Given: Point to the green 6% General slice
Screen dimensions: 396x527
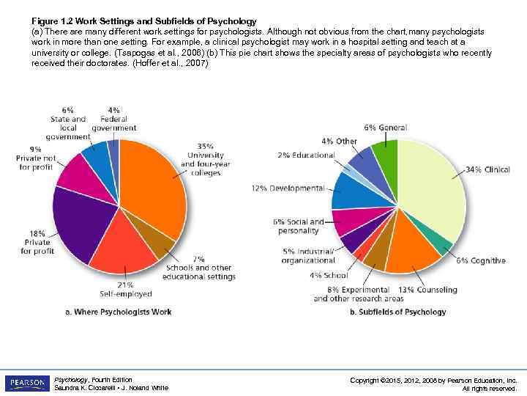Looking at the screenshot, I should (x=386, y=153).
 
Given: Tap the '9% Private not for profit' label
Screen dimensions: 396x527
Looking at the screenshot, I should (x=36, y=158).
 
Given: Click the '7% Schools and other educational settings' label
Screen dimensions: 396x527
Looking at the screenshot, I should (x=199, y=268).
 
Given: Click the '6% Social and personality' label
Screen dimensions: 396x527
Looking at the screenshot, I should (x=298, y=226).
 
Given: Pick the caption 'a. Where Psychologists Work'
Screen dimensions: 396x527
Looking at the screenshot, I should (x=119, y=312).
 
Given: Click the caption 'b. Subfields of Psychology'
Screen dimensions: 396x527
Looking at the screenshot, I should (x=397, y=312).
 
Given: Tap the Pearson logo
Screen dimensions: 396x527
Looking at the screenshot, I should (x=26, y=383).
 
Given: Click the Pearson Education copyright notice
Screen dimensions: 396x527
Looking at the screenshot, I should (x=433, y=384).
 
